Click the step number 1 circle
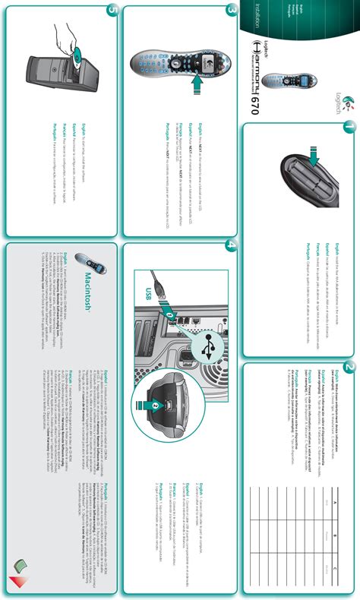pos(348,127)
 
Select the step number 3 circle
pos(231,11)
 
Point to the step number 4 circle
pos(231,248)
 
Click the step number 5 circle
pos(112,11)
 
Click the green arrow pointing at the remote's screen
pos(196,88)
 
